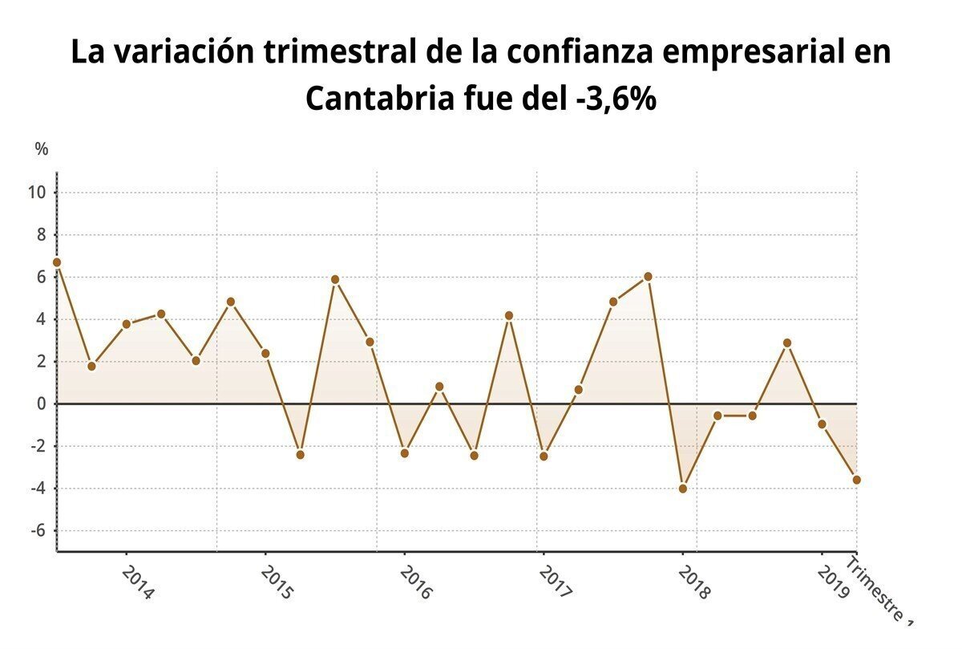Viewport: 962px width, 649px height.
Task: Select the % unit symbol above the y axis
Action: pyautogui.click(x=42, y=149)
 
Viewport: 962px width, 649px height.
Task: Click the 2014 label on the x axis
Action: pyautogui.click(x=139, y=582)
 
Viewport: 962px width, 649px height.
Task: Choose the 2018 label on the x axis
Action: pyautogui.click(x=694, y=582)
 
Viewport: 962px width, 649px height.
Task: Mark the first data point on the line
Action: pyautogui.click(x=57, y=262)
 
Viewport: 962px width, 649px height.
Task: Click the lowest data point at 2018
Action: pyautogui.click(x=683, y=489)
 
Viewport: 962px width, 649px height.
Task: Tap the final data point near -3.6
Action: pyautogui.click(x=857, y=480)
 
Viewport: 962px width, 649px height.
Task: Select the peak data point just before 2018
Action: pyautogui.click(x=648, y=277)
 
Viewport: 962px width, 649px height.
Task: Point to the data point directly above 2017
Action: pyautogui.click(x=544, y=456)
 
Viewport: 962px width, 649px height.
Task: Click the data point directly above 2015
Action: pyautogui.click(x=265, y=353)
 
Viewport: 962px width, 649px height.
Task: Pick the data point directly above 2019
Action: pyautogui.click(x=822, y=424)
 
